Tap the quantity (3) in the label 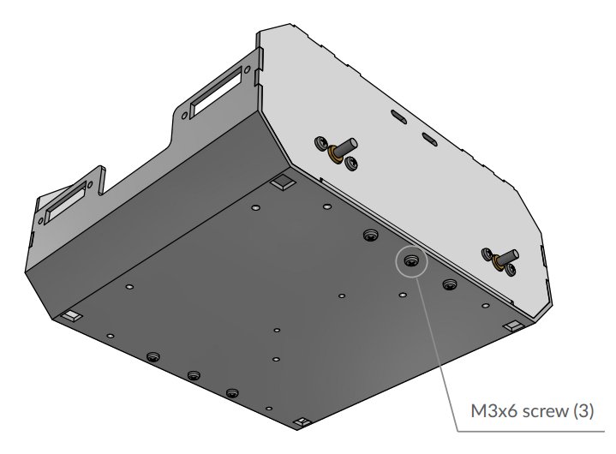click(580, 411)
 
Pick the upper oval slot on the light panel click(398, 115)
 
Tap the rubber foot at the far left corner click(69, 317)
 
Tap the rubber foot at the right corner click(513, 326)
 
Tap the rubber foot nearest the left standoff click(280, 184)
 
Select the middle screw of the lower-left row click(194, 376)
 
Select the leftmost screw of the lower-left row click(153, 356)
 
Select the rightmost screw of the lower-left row click(232, 393)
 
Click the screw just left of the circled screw click(370, 236)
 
